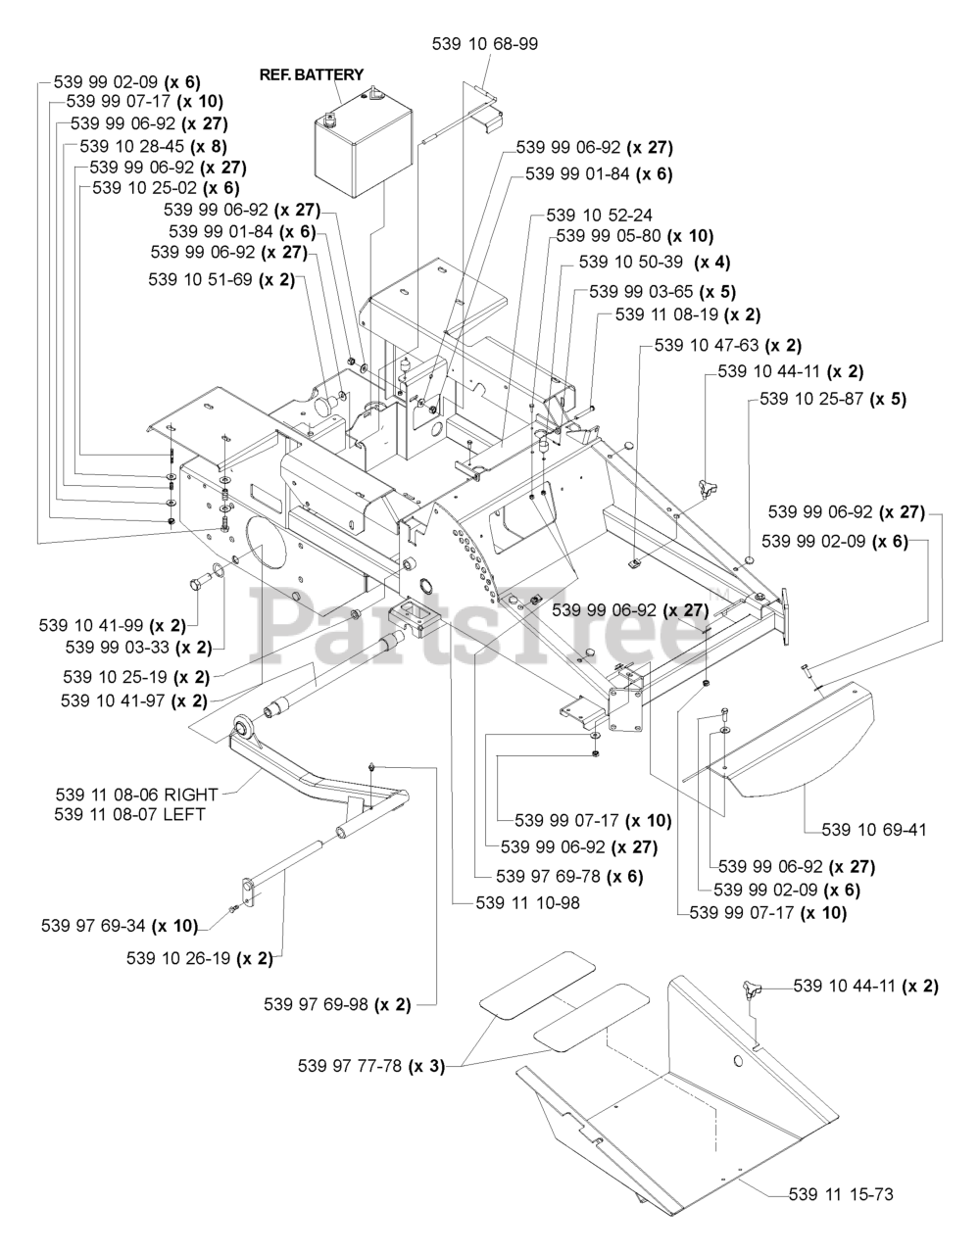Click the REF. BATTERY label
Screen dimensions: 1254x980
311,74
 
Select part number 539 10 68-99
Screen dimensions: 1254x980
484,44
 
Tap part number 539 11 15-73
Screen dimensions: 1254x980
840,1194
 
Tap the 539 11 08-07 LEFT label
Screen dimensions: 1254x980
129,814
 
